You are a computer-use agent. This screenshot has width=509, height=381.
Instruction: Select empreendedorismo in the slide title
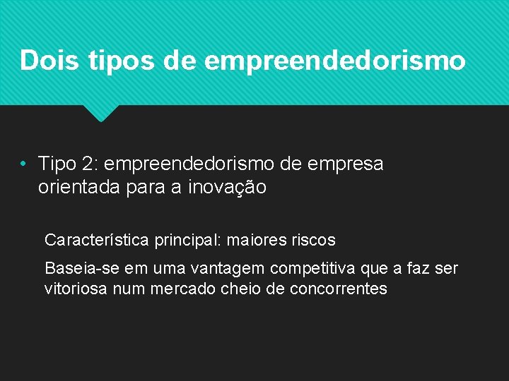tap(335, 61)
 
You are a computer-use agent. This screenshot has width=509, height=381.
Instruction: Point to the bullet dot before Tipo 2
tap(24, 165)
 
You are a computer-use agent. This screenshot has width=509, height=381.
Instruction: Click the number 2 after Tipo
tap(90, 164)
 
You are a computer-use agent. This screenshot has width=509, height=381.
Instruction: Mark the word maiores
tap(255, 241)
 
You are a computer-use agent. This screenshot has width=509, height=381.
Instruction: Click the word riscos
tap(312, 241)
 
